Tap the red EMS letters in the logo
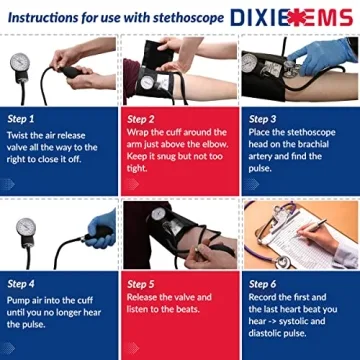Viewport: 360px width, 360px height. [x=325, y=17]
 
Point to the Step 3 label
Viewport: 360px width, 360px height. [x=262, y=117]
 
